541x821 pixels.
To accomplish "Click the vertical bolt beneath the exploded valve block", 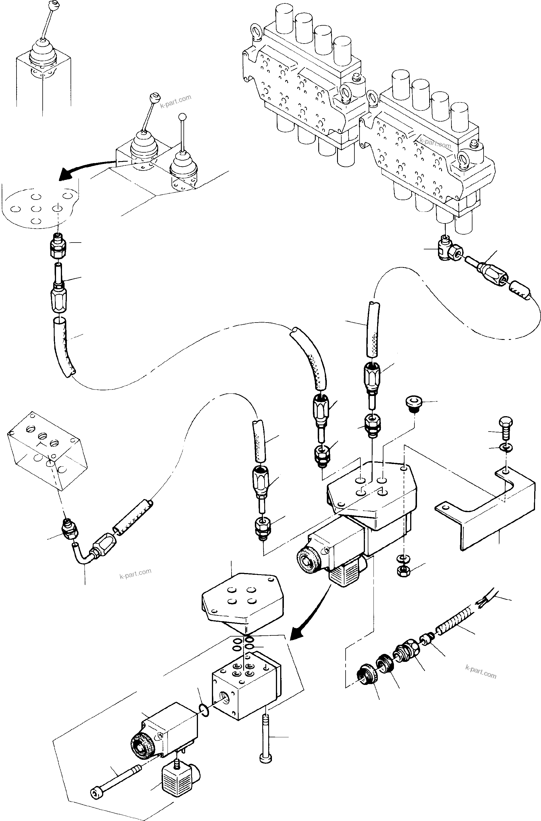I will pyautogui.click(x=266, y=739).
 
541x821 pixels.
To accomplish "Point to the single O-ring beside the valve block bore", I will pyautogui.click(x=204, y=710).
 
